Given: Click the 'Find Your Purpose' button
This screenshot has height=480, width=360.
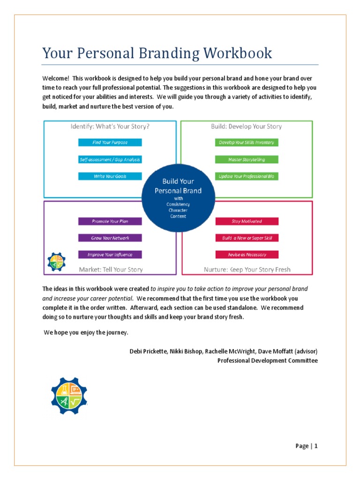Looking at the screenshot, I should pyautogui.click(x=110, y=142).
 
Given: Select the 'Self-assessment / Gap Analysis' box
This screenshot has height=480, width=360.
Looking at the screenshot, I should pyautogui.click(x=110, y=159).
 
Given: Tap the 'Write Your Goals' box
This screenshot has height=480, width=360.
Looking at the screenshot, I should pyautogui.click(x=110, y=176).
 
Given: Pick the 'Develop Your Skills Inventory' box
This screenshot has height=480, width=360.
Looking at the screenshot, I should pyautogui.click(x=247, y=142).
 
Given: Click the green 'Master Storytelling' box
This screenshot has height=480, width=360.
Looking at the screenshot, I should pyautogui.click(x=247, y=159).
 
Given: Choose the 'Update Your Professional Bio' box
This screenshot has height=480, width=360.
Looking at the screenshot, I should pyautogui.click(x=247, y=176).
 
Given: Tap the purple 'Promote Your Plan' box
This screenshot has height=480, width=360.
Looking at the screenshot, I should pyautogui.click(x=110, y=221).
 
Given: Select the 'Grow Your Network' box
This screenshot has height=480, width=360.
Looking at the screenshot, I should pyautogui.click(x=110, y=238).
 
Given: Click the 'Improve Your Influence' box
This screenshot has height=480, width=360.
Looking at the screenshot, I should pyautogui.click(x=110, y=255).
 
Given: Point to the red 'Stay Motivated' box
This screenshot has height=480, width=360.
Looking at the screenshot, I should pyautogui.click(x=247, y=221).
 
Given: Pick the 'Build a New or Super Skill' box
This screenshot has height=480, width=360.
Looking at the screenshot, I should pyautogui.click(x=247, y=238).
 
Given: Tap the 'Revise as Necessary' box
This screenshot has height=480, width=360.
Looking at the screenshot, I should pyautogui.click(x=247, y=255).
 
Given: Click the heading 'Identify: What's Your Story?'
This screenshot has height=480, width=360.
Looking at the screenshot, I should pyautogui.click(x=110, y=127).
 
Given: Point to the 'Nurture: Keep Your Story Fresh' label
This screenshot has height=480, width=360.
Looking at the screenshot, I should pyautogui.click(x=247, y=270).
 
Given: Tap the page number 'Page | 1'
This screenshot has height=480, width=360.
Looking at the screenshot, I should pyautogui.click(x=307, y=446).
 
